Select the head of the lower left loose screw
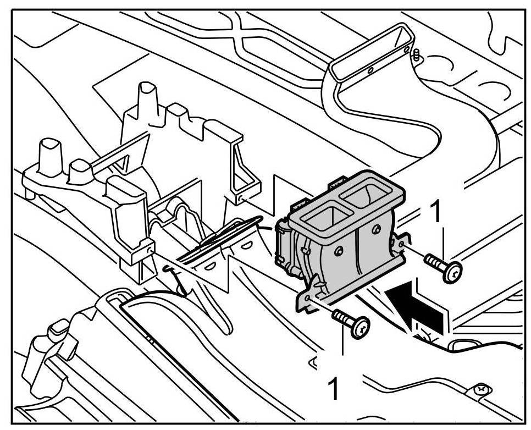[361, 328]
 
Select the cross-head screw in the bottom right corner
[482, 389]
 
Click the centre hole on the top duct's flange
[370, 70]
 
